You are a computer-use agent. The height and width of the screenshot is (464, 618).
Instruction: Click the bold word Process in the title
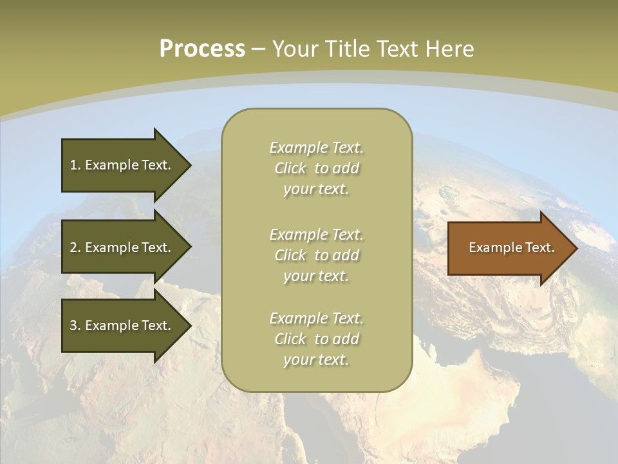click(x=202, y=49)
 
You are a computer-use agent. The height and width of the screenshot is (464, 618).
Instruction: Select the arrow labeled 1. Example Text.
click(x=122, y=165)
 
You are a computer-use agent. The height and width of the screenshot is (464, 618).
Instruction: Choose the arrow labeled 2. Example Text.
click(x=122, y=247)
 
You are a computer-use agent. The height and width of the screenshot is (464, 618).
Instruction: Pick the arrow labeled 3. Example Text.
click(x=122, y=325)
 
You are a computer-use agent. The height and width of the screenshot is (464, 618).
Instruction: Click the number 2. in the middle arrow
click(x=75, y=247)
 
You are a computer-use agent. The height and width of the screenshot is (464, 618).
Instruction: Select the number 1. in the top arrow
click(x=75, y=165)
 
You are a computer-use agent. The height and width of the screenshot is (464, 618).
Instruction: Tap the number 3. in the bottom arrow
click(x=75, y=325)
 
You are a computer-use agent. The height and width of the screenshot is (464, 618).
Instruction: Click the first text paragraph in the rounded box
click(x=316, y=168)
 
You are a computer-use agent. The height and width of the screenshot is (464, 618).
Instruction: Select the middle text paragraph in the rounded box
click(x=316, y=255)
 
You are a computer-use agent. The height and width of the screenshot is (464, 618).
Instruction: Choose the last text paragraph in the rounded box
click(x=316, y=339)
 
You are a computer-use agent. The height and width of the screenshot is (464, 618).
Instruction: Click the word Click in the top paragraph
click(x=290, y=169)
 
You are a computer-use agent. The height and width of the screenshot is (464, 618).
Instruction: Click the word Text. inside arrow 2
click(x=156, y=247)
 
